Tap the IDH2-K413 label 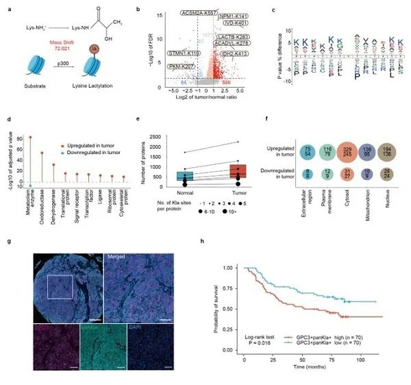coord(234,52)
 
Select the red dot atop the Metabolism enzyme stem coord(30,137)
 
